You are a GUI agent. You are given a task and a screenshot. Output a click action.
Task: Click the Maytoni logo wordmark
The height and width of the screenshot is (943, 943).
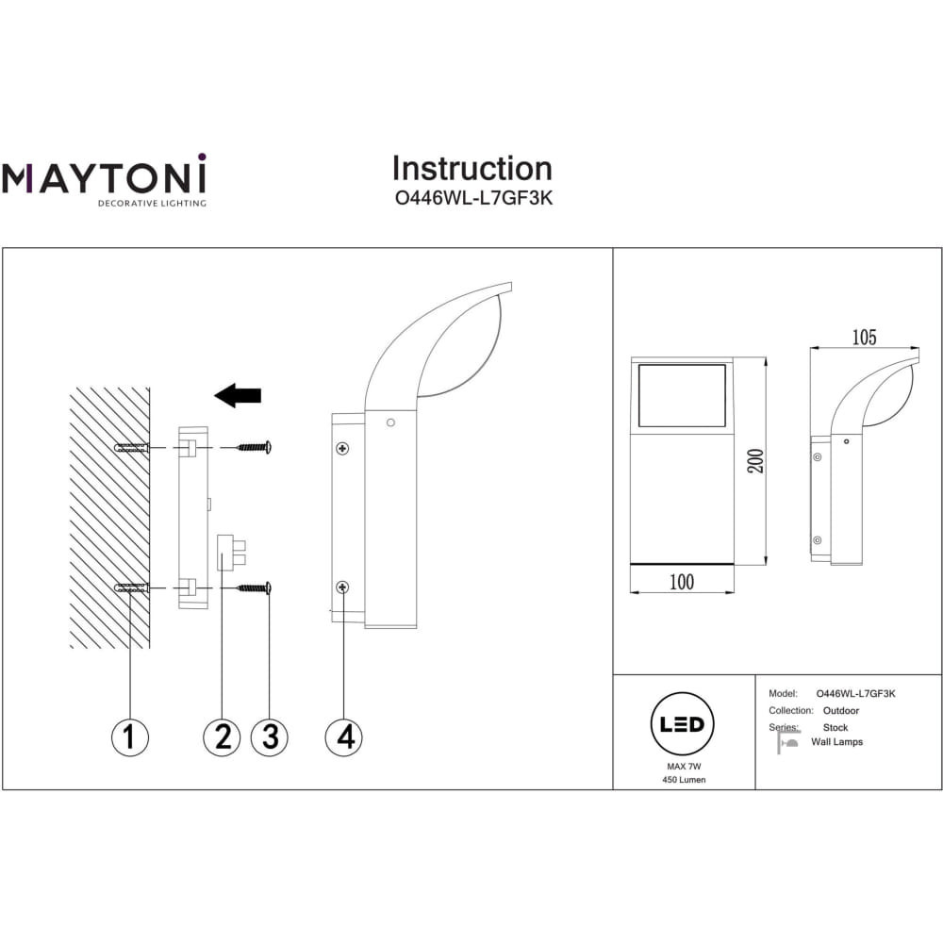click(x=103, y=176)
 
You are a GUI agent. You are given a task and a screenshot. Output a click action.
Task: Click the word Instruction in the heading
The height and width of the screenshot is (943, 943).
click(x=471, y=169)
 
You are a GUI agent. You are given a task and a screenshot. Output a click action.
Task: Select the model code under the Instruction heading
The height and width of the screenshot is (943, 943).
click(x=471, y=199)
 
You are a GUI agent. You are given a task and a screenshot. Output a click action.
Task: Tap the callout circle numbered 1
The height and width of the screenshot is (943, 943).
click(x=130, y=736)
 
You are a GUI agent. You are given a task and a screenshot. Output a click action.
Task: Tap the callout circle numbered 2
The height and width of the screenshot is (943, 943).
click(x=222, y=736)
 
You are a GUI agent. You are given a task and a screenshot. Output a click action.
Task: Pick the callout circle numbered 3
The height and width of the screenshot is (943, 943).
click(x=270, y=736)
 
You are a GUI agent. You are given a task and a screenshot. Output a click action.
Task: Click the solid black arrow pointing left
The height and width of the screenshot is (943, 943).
click(x=238, y=395)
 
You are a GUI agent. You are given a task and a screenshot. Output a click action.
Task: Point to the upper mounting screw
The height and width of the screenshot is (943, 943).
click(x=254, y=447)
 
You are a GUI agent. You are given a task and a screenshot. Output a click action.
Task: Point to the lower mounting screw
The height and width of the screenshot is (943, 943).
click(x=254, y=588)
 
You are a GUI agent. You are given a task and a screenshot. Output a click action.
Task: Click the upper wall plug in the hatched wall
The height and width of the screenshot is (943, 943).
click(x=132, y=448)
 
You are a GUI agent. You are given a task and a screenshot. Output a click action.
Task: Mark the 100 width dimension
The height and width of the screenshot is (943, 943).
click(x=681, y=582)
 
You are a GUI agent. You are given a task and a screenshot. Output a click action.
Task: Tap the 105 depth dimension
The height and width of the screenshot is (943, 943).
click(x=864, y=337)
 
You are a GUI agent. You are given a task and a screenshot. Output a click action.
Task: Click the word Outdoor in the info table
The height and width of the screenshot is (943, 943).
click(x=841, y=710)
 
